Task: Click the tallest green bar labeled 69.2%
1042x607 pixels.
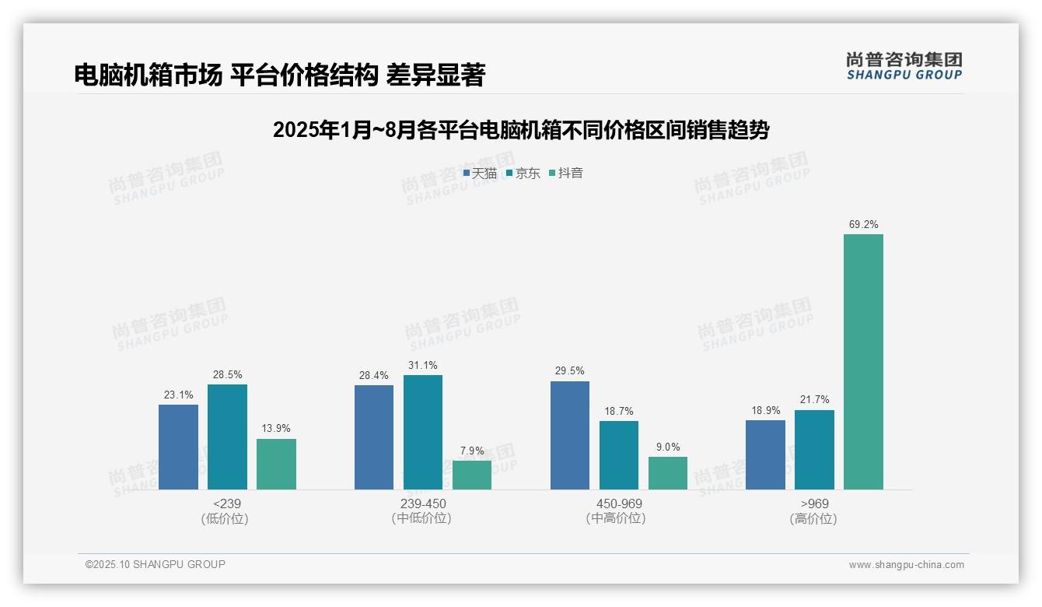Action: coord(863,362)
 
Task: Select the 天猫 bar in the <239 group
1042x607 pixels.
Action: coord(178,447)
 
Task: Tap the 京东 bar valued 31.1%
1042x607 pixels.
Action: coord(422,432)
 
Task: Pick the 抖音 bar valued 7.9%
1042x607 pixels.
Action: coord(471,475)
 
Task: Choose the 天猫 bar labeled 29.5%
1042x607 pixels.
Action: coord(569,435)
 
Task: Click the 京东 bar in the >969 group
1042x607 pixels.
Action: coord(814,450)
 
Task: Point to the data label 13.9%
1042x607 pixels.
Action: coord(276,429)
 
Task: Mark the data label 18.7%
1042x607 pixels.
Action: coord(618,411)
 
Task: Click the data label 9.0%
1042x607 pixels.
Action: coord(667,447)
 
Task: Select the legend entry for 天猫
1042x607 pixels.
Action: coord(480,173)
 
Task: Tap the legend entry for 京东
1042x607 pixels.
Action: coord(523,173)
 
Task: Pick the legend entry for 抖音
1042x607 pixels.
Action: coord(566,173)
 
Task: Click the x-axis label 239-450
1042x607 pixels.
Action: coord(422,503)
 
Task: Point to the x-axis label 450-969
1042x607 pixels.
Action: coord(618,503)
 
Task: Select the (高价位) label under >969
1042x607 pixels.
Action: coord(813,518)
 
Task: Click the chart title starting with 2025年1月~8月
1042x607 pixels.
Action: coord(520,129)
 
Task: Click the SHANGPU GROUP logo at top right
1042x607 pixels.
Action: coord(904,66)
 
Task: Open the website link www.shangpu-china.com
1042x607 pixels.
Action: coord(906,565)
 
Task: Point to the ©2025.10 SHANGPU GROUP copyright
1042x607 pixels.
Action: coord(155,564)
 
